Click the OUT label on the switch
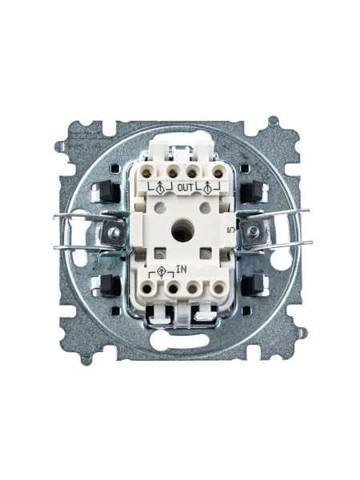point(186,187)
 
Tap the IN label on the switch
point(182,270)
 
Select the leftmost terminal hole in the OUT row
point(146,174)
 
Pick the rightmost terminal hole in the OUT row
point(218,174)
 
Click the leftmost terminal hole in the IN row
point(147,289)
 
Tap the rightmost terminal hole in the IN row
point(218,288)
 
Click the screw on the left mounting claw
point(114,234)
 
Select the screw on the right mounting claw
point(253,231)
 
